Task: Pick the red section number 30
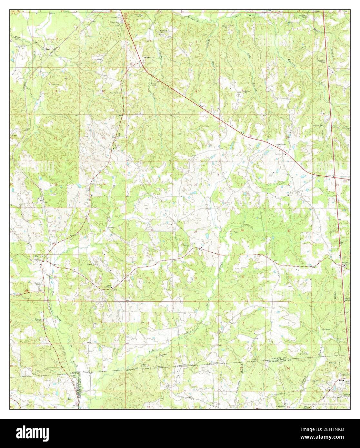(152, 230)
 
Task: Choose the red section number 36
(100, 278)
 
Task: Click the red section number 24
(104, 184)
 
